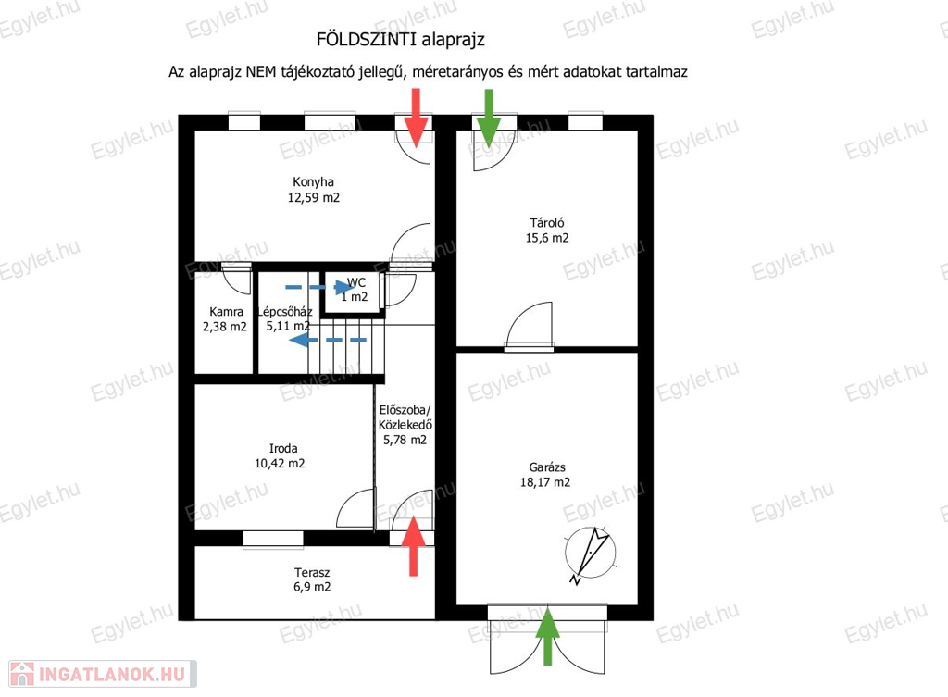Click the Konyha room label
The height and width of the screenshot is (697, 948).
tap(313, 182)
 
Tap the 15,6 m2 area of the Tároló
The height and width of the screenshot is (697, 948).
tap(547, 238)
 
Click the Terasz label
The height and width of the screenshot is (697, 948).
tap(312, 572)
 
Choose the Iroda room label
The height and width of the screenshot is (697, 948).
tap(283, 449)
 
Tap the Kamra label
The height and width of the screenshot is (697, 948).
tap(226, 312)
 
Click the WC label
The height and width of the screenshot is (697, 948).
tap(356, 282)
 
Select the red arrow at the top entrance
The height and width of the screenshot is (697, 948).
tap(416, 118)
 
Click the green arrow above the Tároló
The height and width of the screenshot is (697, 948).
tap(489, 118)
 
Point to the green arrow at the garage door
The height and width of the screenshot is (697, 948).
tap(548, 637)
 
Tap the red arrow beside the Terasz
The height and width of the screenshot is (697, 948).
tap(414, 546)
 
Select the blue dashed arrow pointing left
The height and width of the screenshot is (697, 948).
tap(328, 340)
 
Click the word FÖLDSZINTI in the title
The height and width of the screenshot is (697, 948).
tap(367, 39)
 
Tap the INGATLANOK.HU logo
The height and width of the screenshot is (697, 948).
tap(103, 674)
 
